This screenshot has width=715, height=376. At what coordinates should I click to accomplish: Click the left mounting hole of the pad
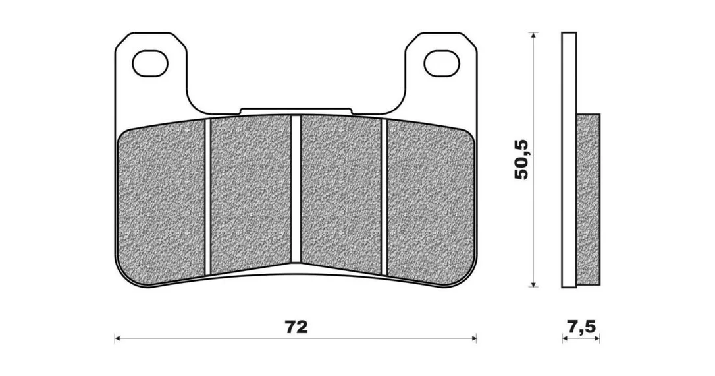pos(149,63)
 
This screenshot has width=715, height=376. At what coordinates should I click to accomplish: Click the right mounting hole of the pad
pos(441,63)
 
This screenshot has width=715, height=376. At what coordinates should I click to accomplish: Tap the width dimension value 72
pos(296,327)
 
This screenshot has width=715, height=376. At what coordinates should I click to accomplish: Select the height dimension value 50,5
pos(521,159)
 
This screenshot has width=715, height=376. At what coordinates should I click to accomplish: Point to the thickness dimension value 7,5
pos(581,327)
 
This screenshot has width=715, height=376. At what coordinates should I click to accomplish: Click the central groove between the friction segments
pos(296,189)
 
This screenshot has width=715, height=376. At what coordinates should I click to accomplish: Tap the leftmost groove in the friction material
pos(208,198)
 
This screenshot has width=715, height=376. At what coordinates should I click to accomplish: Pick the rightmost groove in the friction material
pos(384,198)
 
